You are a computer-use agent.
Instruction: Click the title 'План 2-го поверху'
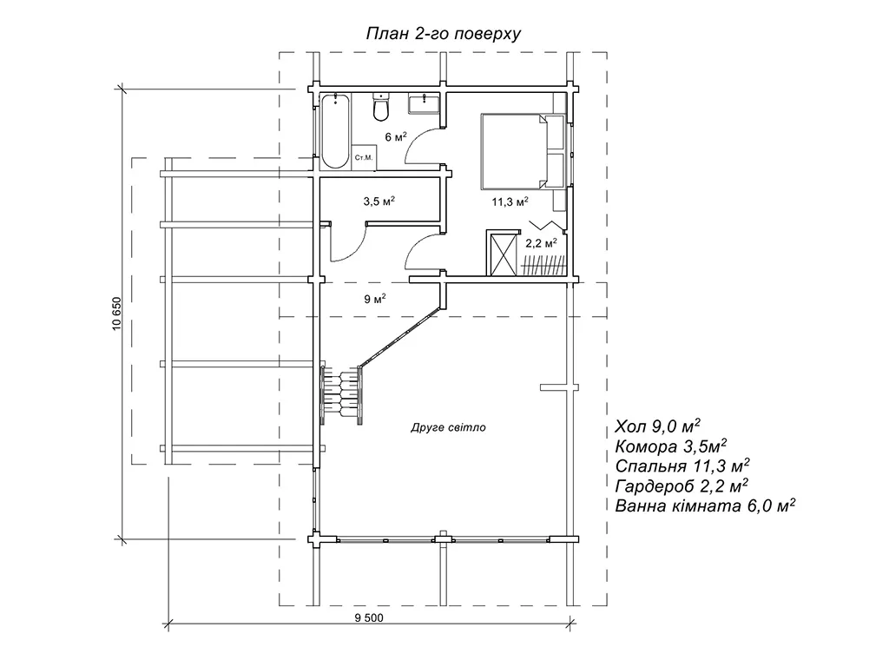tap(444, 34)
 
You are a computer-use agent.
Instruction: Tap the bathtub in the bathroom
tap(334, 131)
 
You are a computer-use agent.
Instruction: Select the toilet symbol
tap(380, 109)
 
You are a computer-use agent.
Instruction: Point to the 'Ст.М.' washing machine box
tap(363, 157)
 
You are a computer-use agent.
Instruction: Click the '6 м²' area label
tap(396, 136)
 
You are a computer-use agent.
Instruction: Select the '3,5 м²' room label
tap(379, 201)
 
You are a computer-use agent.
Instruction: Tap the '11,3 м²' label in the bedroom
tap(510, 201)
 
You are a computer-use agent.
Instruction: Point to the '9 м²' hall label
tap(375, 299)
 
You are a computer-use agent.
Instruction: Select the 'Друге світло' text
tap(448, 428)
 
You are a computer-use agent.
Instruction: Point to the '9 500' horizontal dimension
tap(370, 617)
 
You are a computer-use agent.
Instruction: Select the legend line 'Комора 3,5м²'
tap(669, 446)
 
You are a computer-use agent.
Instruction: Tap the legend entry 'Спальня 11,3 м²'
tap(682, 466)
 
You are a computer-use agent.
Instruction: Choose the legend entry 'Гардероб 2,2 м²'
tap(682, 486)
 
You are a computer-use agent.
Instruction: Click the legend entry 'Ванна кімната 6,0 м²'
tap(705, 506)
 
